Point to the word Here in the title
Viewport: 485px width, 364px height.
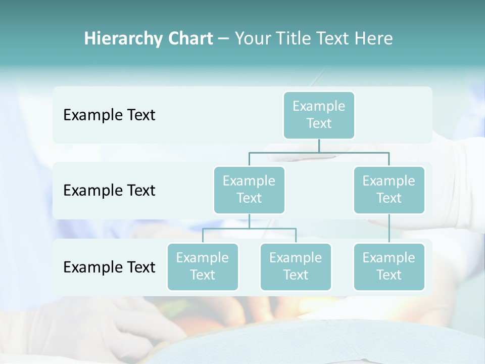pyautogui.click(x=374, y=39)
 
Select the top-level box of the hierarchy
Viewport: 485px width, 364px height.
pyautogui.click(x=319, y=115)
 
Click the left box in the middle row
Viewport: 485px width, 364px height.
pyautogui.click(x=249, y=190)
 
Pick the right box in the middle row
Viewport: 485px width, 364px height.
pyautogui.click(x=389, y=190)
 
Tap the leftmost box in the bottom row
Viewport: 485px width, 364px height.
pyautogui.click(x=203, y=266)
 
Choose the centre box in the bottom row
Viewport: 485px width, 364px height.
pyautogui.click(x=296, y=266)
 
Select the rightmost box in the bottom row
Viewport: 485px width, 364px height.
pyautogui.click(x=389, y=266)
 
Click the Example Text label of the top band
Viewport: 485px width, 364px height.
pyautogui.click(x=109, y=115)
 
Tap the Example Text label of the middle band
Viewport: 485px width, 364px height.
pyautogui.click(x=109, y=191)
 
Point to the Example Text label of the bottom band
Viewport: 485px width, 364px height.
pyautogui.click(x=109, y=267)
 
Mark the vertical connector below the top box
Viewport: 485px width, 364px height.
pyautogui.click(x=319, y=146)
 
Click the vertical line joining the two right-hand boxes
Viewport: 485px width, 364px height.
pyautogui.click(x=389, y=228)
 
